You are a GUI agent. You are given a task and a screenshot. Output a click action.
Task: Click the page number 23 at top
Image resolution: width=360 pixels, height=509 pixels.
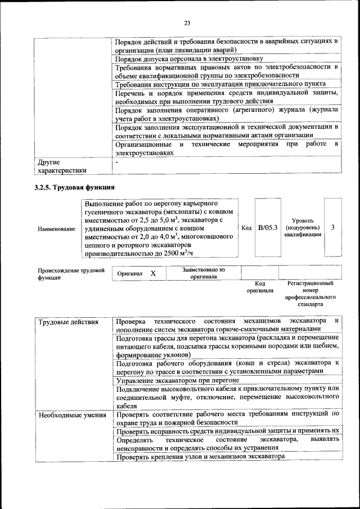[x=187, y=23]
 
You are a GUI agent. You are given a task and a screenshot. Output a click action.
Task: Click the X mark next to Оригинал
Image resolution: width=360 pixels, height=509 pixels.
[x=153, y=273]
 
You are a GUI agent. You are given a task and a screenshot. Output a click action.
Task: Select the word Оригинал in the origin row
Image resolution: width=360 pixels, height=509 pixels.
[x=130, y=273]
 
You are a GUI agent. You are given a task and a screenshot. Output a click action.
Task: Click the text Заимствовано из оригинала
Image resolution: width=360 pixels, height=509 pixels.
[x=203, y=273]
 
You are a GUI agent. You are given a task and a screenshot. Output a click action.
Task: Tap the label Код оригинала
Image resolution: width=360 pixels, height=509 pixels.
[x=259, y=287]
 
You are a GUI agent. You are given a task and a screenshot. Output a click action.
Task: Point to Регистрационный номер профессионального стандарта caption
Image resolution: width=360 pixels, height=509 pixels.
[x=310, y=294]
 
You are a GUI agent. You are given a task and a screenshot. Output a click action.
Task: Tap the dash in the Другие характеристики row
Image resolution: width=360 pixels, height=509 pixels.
[x=117, y=162]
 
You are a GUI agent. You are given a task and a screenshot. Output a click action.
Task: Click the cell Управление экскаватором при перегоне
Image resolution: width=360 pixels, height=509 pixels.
[x=174, y=381]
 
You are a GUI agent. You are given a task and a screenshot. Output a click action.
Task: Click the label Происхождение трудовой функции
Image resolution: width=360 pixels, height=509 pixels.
[x=71, y=273]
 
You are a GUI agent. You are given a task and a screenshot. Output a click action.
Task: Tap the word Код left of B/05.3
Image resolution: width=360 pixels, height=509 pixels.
[x=246, y=228]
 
